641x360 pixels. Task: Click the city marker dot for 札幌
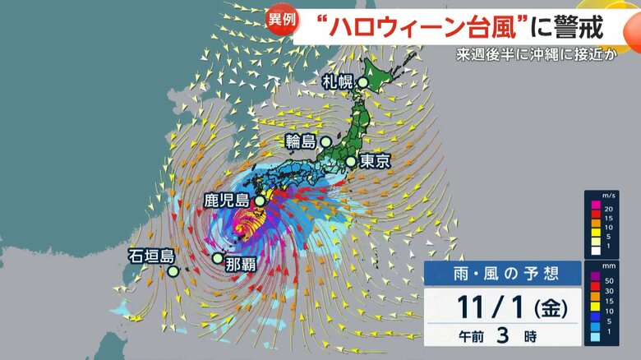[362, 82]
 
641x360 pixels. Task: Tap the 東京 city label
[374, 162]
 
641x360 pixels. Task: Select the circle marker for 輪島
[325, 141]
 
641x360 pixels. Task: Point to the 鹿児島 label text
[227, 200]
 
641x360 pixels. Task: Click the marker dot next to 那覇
[217, 258]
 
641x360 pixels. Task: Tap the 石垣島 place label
[150, 256]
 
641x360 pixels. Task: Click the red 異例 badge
[282, 21]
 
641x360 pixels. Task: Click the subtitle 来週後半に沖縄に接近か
[546, 58]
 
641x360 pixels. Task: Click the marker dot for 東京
[351, 162]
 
